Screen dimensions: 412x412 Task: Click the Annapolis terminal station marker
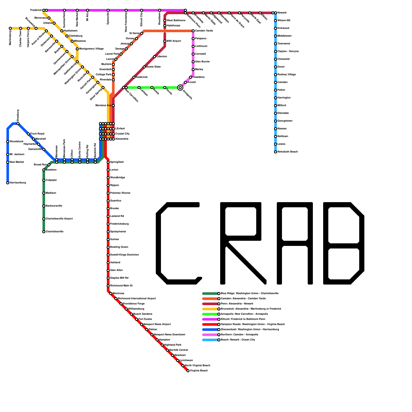[180, 88]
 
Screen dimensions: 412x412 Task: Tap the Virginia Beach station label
[199, 371]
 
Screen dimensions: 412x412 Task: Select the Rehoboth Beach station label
[287, 152]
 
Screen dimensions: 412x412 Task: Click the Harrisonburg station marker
[8, 183]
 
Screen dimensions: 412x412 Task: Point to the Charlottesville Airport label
[59, 219]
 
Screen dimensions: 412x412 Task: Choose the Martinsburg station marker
[10, 28]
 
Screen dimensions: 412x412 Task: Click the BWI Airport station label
[174, 41]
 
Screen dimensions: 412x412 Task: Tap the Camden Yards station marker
[193, 31]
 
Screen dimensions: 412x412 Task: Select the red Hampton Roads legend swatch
[210, 324]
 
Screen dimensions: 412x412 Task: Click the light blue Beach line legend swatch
[210, 340]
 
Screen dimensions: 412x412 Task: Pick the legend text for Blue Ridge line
[249, 294]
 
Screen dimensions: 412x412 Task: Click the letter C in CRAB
[178, 243]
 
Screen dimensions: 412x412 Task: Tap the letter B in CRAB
[344, 243]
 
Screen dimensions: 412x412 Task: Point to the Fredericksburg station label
[119, 224]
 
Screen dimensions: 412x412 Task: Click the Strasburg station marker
[18, 124]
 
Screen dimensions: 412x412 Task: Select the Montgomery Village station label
[91, 49]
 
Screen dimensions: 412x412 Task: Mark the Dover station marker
[276, 67]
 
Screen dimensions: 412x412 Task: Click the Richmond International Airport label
[137, 299]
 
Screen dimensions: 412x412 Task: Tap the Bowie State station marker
[144, 67]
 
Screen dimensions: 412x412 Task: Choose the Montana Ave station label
[103, 106]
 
